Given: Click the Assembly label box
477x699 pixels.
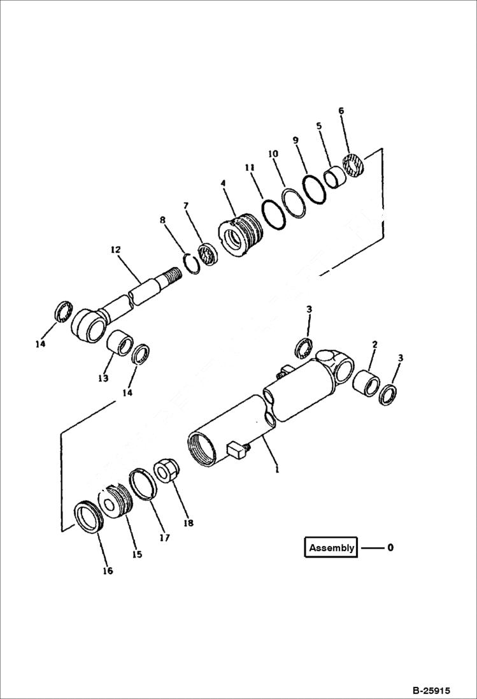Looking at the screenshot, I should pyautogui.click(x=331, y=547).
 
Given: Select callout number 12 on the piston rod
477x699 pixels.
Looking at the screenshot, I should pyautogui.click(x=115, y=250).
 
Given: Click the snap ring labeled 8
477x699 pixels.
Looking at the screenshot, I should pyautogui.click(x=190, y=262).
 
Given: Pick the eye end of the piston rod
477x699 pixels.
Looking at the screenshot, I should pyautogui.click(x=87, y=325).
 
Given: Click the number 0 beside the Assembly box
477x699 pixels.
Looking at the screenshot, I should pyautogui.click(x=390, y=547).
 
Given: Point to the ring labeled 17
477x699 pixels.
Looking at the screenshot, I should pyautogui.click(x=143, y=486).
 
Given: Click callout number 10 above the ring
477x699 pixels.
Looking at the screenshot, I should pyautogui.click(x=273, y=154).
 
